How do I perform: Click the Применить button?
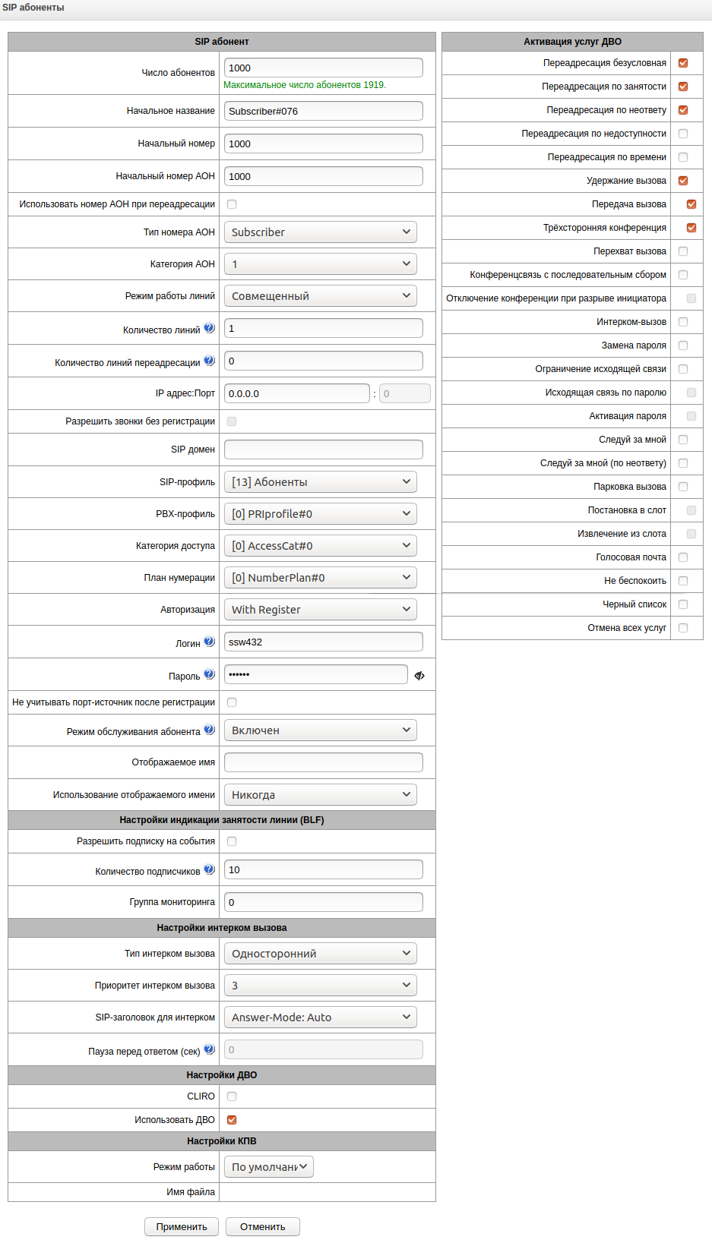(181, 1226)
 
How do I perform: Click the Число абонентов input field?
(323, 68)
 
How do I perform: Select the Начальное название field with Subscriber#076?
(323, 111)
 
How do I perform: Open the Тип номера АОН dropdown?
(320, 232)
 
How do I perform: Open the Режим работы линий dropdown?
(320, 296)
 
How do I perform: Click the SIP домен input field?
(323, 450)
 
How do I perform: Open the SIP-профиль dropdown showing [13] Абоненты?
(320, 482)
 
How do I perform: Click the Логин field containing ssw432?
(323, 642)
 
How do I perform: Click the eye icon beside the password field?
(419, 675)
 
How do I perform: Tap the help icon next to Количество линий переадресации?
(209, 361)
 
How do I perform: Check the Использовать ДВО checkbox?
(232, 1119)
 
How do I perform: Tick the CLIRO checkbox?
(232, 1096)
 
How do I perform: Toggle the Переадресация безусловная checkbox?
(683, 63)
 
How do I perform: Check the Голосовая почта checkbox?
(683, 557)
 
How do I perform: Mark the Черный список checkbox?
(683, 604)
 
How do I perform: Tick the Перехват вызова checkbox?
(683, 251)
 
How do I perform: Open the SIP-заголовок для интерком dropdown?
(320, 1017)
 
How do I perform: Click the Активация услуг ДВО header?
(572, 42)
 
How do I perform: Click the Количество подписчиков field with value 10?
(323, 869)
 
